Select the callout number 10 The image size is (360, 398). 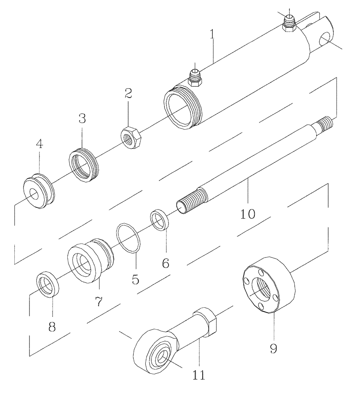248,213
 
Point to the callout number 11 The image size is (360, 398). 198,375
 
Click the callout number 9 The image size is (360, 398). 274,349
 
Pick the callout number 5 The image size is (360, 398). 135,279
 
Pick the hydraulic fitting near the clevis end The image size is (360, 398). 289,23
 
